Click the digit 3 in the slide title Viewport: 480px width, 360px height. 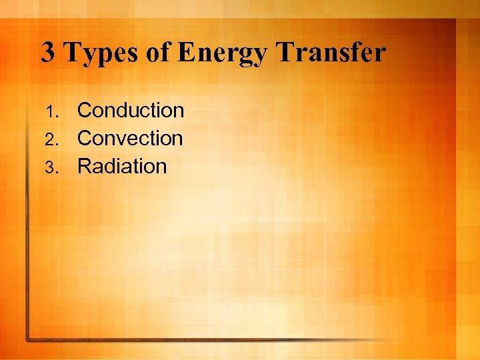point(48,53)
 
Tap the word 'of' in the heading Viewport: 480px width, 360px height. point(157,53)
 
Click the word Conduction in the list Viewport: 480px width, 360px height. point(131,110)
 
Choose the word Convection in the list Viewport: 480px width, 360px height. point(130,138)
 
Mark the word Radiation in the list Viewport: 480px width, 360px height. point(122,166)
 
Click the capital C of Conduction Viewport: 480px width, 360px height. point(85,110)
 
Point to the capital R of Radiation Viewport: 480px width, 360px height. point(85,166)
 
